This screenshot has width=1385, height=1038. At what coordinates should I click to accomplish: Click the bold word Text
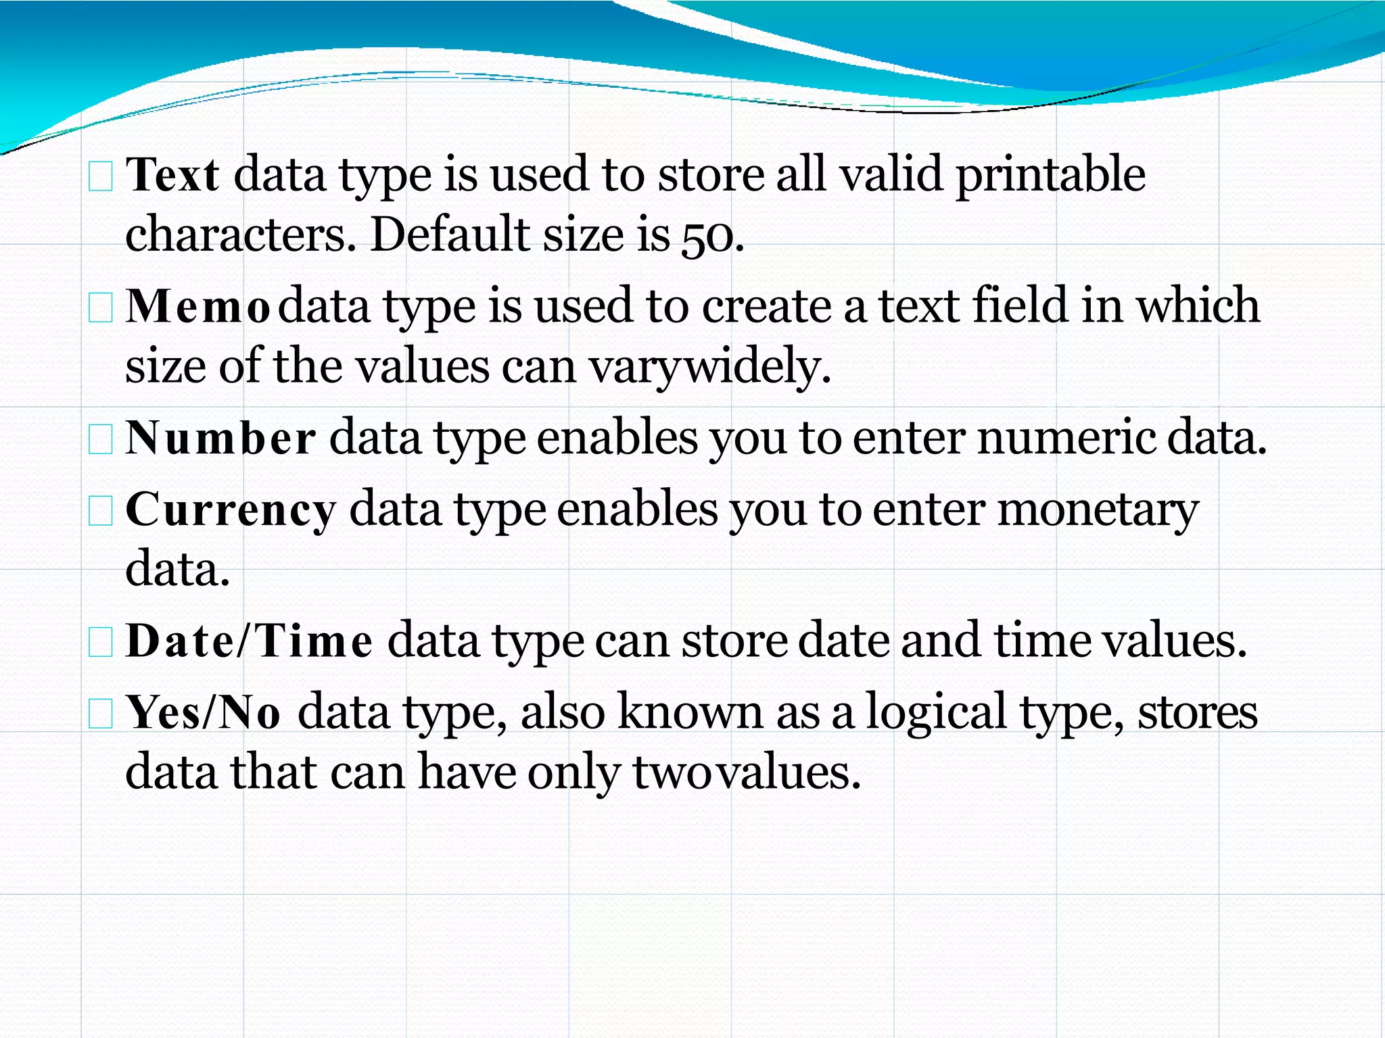point(172,175)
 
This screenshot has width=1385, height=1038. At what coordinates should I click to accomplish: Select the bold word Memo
point(198,307)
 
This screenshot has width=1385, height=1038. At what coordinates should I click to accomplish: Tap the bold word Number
point(220,438)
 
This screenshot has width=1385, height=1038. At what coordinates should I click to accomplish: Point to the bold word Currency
point(230,510)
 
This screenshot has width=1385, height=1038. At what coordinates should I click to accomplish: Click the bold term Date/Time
point(249,641)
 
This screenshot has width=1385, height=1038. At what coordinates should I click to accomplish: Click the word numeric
point(1066,438)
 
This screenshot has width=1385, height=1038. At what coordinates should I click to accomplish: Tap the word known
point(690,712)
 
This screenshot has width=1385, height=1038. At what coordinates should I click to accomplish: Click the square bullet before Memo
point(101,308)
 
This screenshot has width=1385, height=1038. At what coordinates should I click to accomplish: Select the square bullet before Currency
point(101,512)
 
